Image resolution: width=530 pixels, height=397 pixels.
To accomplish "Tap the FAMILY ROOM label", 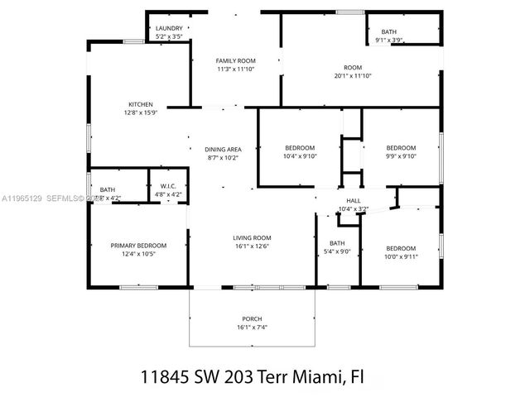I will (x=235, y=61).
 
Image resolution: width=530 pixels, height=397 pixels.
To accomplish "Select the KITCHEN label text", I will (x=140, y=104).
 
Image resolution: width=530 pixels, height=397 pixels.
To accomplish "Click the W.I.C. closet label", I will (x=167, y=186).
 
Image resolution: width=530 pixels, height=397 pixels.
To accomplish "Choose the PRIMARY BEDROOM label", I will (x=139, y=245).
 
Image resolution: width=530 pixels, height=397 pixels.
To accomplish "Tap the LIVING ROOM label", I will (x=251, y=237).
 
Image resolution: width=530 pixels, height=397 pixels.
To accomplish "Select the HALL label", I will (x=354, y=201).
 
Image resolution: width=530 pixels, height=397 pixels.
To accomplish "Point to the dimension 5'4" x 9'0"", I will (x=336, y=252).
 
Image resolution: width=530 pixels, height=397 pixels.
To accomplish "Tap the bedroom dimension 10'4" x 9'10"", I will (x=300, y=155).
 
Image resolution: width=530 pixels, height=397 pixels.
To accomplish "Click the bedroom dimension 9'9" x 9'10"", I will (x=400, y=155).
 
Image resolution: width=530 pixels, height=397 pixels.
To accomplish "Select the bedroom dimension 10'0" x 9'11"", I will (x=400, y=256).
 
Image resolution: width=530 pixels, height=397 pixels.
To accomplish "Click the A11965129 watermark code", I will (x=22, y=198).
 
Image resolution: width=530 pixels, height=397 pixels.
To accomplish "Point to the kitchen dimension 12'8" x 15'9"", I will (x=140, y=112).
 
